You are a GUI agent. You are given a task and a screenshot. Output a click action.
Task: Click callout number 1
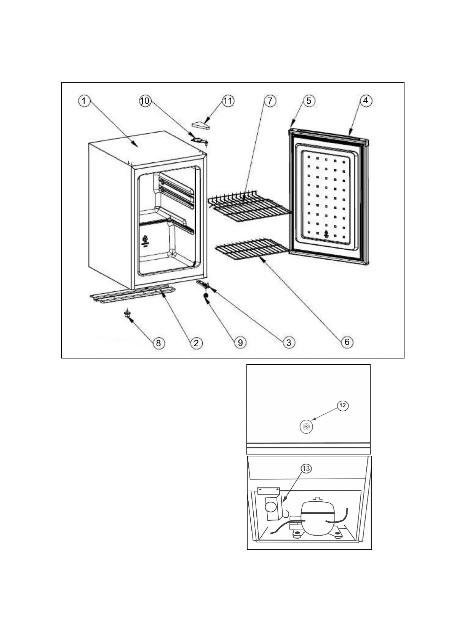84,101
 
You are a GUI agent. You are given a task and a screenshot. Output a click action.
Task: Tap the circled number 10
145,101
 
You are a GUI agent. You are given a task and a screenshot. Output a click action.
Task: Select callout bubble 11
228,101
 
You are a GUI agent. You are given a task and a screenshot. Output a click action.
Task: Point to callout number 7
270,101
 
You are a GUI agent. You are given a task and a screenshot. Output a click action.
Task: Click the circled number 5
309,101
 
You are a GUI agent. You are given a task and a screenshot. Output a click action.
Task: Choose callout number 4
366,101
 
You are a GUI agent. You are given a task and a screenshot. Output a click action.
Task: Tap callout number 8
158,342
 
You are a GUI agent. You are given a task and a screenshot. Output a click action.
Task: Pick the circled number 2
196,342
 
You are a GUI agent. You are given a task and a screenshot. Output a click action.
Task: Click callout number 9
240,342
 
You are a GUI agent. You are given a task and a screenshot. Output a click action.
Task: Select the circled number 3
289,342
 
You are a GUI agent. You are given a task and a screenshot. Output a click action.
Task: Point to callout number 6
347,342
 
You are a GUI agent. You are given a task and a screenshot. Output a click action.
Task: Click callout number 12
342,405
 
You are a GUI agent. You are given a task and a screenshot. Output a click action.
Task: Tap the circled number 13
306,469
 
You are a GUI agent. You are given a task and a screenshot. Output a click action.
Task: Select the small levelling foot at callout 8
126,313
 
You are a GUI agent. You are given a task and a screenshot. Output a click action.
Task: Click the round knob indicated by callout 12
306,427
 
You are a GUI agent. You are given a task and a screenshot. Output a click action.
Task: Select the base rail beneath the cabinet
133,294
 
